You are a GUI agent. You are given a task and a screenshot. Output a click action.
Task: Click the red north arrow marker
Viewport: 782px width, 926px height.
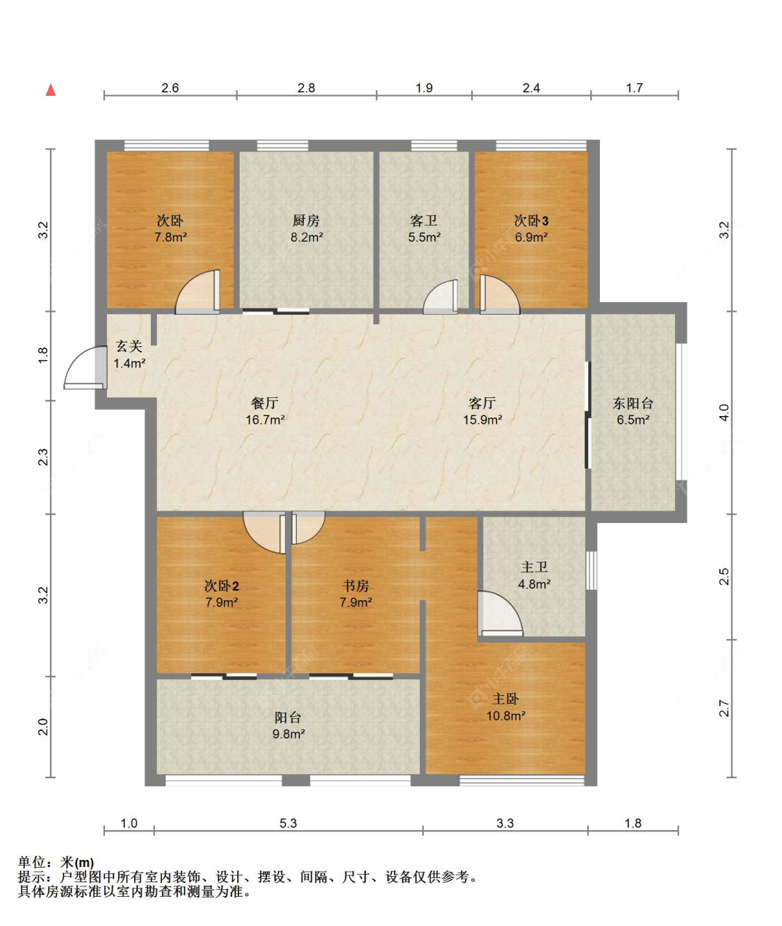[51, 90]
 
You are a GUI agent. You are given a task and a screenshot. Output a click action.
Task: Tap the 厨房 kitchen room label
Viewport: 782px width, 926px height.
[306, 221]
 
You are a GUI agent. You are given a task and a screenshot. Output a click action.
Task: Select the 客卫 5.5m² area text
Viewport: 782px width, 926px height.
[424, 238]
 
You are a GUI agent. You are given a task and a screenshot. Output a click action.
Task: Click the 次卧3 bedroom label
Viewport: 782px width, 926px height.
[531, 221]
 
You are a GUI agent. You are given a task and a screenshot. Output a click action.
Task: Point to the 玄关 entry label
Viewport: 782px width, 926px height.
[129, 346]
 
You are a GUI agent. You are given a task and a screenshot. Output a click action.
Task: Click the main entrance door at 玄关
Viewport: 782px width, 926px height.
[85, 369]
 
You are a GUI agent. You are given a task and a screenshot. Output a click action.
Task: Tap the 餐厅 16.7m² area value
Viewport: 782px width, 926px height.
[265, 420]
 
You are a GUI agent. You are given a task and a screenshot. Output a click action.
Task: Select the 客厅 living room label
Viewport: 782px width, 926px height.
[482, 403]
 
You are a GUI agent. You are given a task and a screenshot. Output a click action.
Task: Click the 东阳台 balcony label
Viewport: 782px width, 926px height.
[633, 403]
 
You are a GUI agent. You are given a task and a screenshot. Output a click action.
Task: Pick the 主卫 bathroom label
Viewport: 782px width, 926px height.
[534, 568]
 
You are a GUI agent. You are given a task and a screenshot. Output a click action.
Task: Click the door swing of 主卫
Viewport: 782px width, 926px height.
[498, 613]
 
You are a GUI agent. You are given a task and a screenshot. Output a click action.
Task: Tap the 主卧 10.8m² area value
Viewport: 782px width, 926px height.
[505, 716]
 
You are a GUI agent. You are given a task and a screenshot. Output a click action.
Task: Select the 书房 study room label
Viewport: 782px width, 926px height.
[355, 586]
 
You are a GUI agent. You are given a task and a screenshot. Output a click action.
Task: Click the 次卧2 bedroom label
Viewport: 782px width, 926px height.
[221, 586]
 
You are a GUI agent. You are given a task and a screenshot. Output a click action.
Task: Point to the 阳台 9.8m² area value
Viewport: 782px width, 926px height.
[288, 734]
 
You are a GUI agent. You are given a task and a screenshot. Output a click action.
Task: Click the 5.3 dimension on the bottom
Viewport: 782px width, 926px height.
[288, 823]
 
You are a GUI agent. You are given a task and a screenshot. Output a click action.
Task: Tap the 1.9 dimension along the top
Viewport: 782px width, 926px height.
[424, 88]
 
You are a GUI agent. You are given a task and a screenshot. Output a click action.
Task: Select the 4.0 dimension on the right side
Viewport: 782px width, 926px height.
[724, 413]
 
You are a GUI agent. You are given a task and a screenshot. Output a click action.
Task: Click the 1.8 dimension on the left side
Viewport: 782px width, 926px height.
[43, 355]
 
